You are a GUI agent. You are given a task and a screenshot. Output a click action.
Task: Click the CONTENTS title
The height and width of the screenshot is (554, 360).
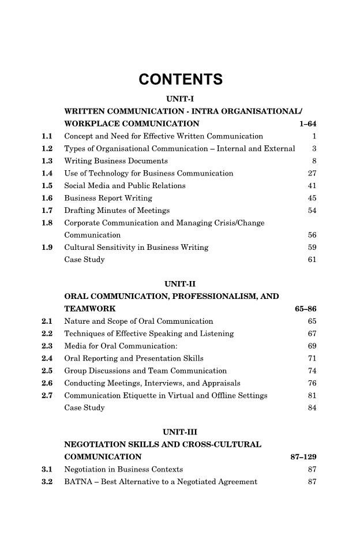click(181, 80)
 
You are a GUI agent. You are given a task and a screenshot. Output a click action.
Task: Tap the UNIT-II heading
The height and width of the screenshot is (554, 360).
click(180, 283)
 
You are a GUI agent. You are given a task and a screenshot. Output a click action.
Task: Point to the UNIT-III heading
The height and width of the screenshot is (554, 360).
click(180, 432)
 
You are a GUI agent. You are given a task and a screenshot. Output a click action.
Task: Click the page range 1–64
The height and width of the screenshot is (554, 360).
click(305, 123)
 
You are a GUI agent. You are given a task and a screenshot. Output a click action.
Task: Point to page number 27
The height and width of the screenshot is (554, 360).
click(313, 173)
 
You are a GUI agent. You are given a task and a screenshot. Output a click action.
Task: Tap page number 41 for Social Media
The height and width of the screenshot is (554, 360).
click(313, 186)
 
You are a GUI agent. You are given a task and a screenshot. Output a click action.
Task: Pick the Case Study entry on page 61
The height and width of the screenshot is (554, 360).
click(84, 260)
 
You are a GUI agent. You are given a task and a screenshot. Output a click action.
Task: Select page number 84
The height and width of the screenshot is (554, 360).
click(313, 408)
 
